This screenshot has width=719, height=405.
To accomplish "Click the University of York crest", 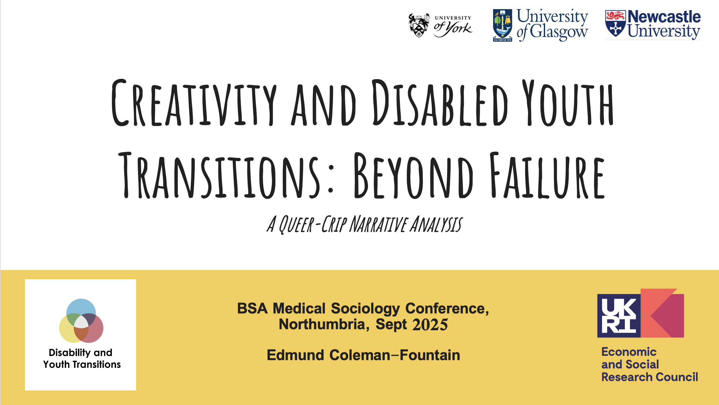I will tap(419, 25).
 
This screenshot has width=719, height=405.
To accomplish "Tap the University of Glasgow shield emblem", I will tap(502, 25).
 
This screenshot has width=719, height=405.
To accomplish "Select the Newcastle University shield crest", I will tap(615, 24).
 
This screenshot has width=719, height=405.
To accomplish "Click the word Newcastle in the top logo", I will tap(664, 17).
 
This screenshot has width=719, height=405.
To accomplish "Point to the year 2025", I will tap(430, 325).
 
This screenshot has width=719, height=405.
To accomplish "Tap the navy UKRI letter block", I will tap(619, 316).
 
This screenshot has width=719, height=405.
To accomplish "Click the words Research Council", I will tap(649, 377).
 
